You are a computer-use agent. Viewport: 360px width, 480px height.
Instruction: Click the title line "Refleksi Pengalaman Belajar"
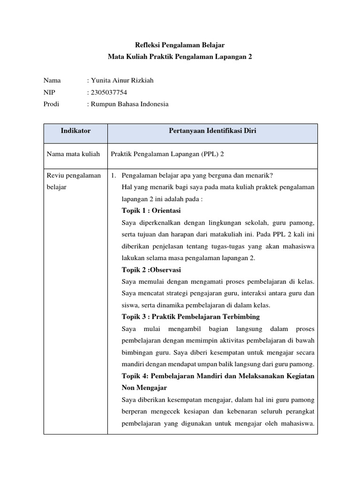[x=180, y=45]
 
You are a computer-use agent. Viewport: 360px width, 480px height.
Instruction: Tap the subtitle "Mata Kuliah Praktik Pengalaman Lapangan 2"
[x=180, y=56]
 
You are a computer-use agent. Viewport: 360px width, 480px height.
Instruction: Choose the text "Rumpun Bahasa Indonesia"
[x=129, y=104]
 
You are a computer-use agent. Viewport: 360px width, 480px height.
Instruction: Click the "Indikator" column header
[x=75, y=131]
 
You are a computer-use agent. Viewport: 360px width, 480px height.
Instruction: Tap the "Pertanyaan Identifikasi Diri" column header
[x=212, y=131]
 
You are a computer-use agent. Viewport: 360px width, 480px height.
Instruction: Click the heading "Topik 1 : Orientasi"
[x=151, y=210]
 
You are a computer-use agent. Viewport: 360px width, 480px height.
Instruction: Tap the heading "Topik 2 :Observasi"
[x=151, y=270]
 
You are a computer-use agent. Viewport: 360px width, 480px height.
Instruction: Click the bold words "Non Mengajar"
[x=144, y=388]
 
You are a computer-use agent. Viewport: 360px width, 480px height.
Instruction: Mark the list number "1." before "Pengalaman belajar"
[x=113, y=175]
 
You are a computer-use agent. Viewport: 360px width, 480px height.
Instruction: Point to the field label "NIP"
[x=49, y=92]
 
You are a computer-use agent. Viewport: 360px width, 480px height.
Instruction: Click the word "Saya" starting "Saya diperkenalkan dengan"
[x=129, y=222]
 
